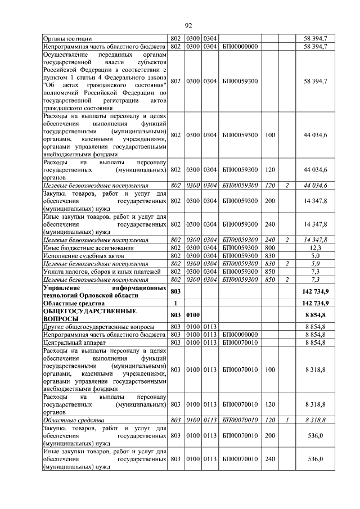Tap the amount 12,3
316,247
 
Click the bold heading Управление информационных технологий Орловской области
105,291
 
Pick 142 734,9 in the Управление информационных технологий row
316,291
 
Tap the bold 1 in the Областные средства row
175,303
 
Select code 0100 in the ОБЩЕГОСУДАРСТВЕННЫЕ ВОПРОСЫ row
193,314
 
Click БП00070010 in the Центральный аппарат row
240,342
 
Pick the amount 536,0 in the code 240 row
316,459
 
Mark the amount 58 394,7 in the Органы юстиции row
316,38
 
